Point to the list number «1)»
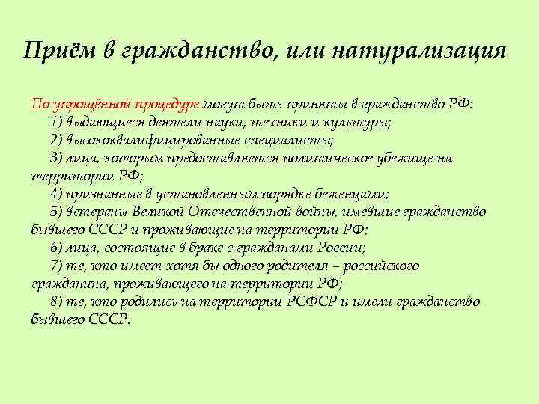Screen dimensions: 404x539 pos(56,122)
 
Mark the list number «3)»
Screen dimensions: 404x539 pos(56,158)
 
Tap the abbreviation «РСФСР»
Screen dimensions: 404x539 pos(313,302)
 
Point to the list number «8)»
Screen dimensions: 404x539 pos(56,302)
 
